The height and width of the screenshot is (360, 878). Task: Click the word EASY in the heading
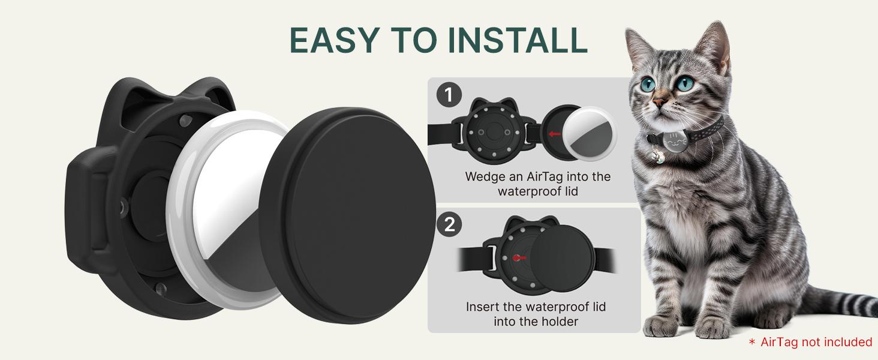tap(334, 40)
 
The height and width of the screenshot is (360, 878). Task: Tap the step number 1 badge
tap(449, 95)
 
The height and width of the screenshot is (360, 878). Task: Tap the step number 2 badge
tap(449, 225)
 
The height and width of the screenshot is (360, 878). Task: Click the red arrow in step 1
tap(555, 134)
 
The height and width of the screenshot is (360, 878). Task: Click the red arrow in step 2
tap(519, 257)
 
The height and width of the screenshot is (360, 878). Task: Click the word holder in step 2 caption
tap(558, 322)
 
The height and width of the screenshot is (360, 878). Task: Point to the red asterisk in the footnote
tap(752, 342)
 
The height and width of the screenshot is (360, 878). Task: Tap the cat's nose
tap(659, 102)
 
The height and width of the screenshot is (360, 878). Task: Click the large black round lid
tap(347, 215)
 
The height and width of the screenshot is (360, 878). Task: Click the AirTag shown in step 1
tap(590, 134)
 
